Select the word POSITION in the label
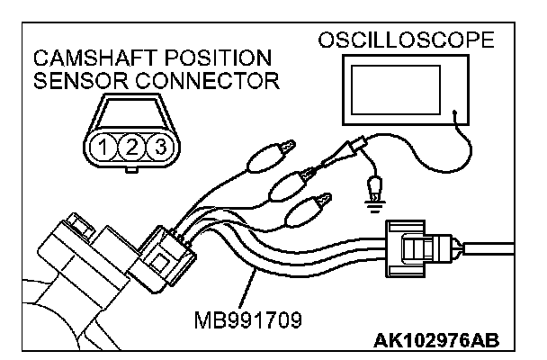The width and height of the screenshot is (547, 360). click(204, 58)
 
